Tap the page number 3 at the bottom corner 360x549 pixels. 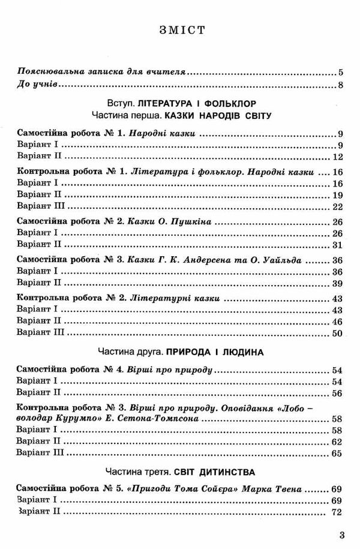point(342,536)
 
